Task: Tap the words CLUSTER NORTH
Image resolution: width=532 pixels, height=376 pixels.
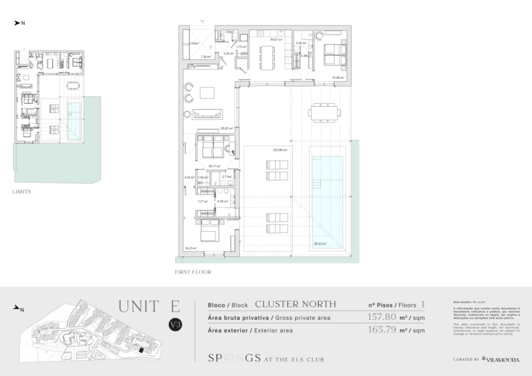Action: [296, 304]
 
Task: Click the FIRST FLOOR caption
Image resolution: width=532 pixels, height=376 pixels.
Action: [193, 273]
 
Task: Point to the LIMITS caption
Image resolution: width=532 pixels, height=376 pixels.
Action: [21, 190]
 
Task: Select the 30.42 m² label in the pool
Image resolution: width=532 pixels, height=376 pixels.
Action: [319, 243]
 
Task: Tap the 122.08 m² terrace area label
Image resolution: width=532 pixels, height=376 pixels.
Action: [279, 150]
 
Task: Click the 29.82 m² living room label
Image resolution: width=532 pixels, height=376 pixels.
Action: [226, 128]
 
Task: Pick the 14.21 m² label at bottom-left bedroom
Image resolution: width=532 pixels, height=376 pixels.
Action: [190, 249]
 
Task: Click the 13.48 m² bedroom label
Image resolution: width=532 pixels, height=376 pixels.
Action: [337, 78]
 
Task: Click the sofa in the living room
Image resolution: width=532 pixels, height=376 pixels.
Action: [208, 114]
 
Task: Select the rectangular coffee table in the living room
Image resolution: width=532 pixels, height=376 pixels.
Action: [207, 93]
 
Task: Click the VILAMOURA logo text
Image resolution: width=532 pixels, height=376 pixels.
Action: [500, 359]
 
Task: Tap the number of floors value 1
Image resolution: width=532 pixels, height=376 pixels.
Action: [423, 304]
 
